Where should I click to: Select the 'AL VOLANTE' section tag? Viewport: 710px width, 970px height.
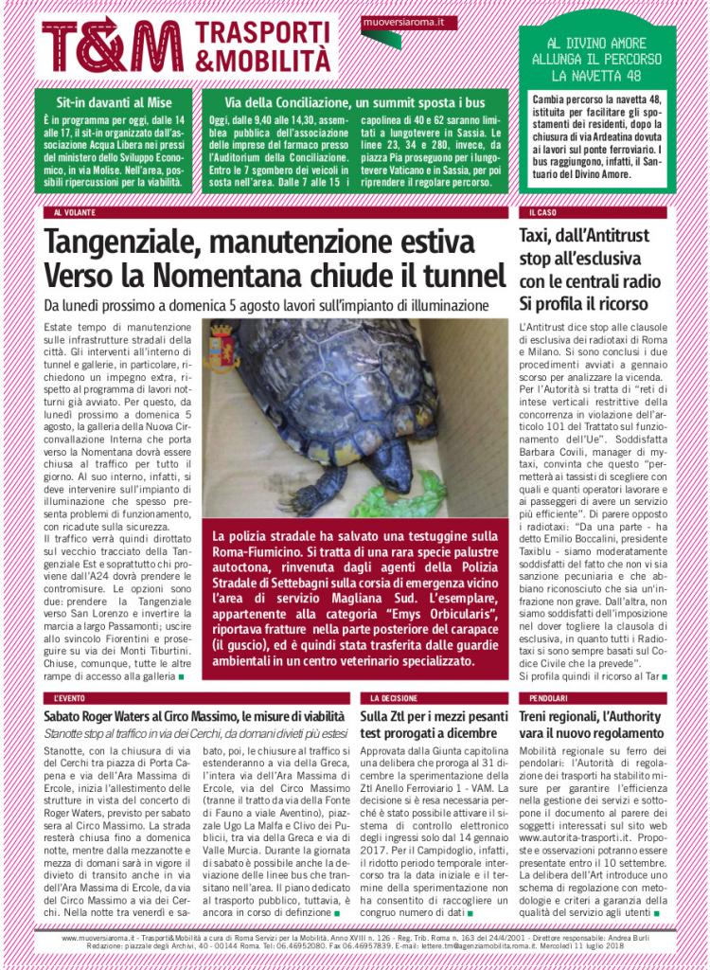[x=73, y=213]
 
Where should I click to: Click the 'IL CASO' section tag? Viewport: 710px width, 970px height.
[x=542, y=213]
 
